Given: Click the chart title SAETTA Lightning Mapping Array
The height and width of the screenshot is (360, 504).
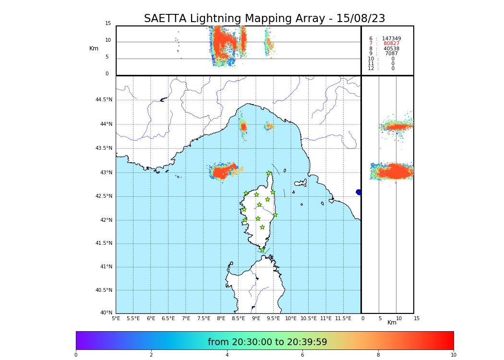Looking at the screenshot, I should point(264,19).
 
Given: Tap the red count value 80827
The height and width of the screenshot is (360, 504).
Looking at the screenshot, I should point(391,44).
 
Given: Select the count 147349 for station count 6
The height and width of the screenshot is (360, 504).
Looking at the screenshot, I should point(391,38).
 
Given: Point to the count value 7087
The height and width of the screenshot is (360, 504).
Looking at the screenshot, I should point(391,54).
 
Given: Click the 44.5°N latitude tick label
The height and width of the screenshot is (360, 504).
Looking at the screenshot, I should point(103,100).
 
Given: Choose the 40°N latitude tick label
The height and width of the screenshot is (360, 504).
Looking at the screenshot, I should point(106,313).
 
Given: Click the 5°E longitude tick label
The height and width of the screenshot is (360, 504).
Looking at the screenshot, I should point(116,318).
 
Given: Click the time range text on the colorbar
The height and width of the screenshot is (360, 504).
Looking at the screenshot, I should point(267,342).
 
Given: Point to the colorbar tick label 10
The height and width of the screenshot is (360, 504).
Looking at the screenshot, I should point(453,355).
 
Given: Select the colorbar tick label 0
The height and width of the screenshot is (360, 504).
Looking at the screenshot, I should point(76,355).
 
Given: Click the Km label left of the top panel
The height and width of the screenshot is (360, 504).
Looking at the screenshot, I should point(94,48).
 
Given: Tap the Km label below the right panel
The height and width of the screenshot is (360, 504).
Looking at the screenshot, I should point(392,323).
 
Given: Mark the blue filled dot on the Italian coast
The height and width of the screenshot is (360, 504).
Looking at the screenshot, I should point(359,192).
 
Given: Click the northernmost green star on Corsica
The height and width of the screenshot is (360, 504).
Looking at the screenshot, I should point(269,173).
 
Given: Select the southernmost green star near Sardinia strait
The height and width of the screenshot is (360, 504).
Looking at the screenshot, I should point(263,250).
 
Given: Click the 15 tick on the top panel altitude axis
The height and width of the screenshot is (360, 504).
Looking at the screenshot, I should point(108,24).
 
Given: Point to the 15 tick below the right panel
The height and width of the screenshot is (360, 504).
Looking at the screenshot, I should point(417,318).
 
